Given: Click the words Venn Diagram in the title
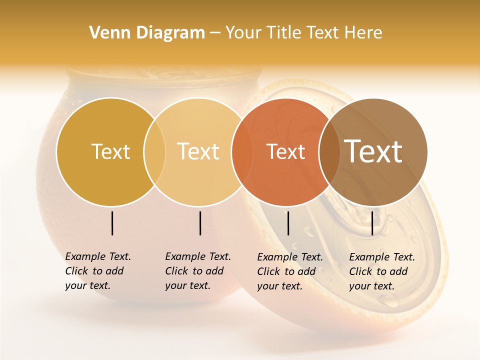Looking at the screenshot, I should tap(147, 32).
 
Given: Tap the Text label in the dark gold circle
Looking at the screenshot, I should tap(110, 151).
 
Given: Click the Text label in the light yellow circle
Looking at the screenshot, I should tap(198, 151).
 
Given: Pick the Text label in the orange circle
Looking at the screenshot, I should tap(285, 151).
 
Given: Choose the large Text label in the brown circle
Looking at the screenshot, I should tap(373, 151).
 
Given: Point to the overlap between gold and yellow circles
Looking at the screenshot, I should tap(154, 152).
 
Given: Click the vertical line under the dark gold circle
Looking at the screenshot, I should tap(112, 223).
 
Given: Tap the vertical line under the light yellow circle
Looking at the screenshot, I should tap(200, 223).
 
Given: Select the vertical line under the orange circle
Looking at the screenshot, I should tap(288, 223).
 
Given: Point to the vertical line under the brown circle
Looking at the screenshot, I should tap(372, 223).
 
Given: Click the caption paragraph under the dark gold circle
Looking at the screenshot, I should tap(98, 271).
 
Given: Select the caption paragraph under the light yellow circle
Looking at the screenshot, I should tap(198, 271).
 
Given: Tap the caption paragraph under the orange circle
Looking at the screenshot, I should tap(290, 271).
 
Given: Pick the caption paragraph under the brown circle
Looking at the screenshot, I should tap(382, 271).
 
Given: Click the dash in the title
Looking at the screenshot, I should tap(215, 33).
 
